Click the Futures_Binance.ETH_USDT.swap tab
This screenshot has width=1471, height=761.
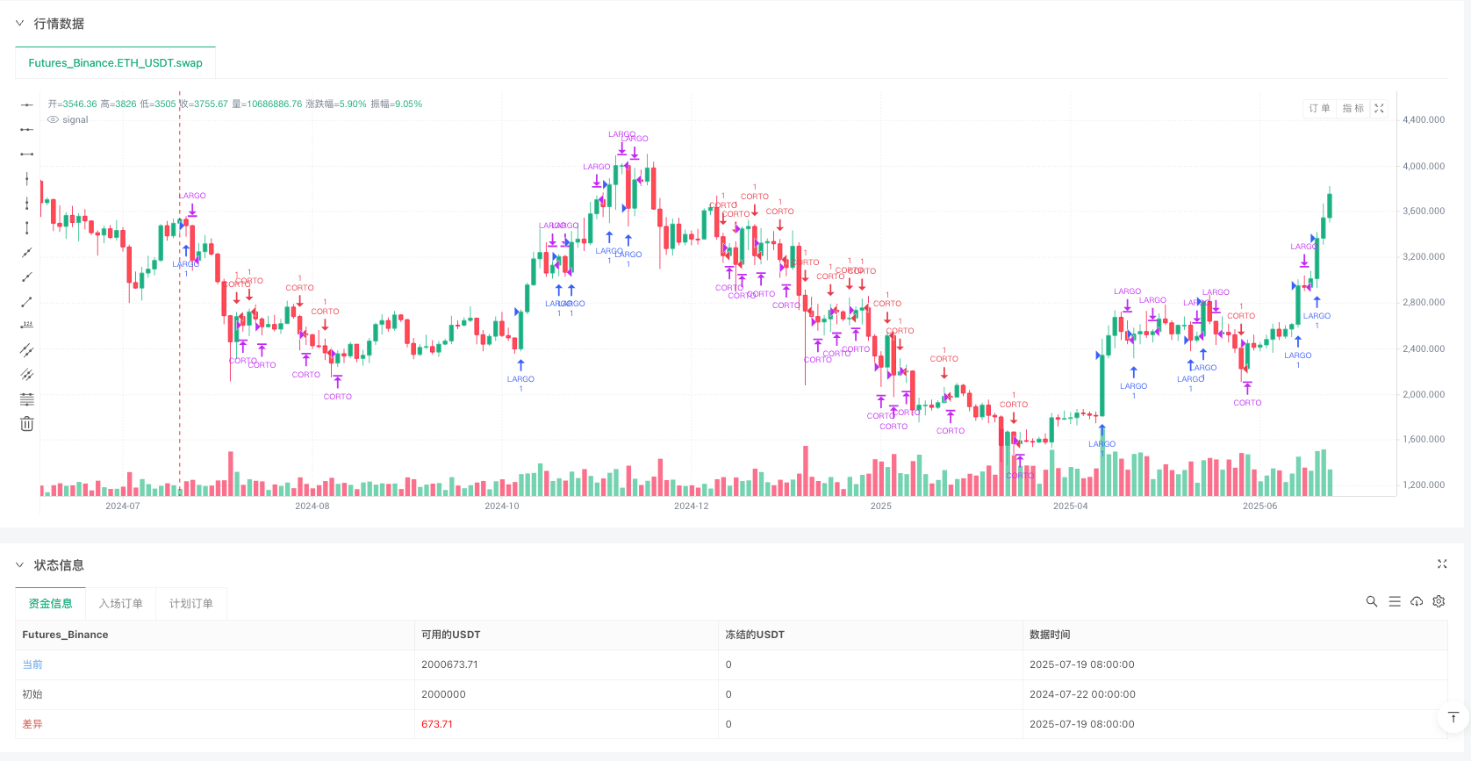115,63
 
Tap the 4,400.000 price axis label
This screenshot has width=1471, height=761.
1423,120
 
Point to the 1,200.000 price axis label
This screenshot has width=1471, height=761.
1423,485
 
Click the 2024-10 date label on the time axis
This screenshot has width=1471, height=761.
501,506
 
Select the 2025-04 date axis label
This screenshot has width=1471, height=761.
1070,506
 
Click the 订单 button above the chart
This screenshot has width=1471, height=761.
1319,109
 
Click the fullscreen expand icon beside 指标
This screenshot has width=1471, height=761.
1379,109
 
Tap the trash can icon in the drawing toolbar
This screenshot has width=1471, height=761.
27,424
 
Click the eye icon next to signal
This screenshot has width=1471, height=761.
53,120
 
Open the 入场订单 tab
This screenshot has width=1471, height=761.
120,604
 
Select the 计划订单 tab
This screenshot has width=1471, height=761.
191,604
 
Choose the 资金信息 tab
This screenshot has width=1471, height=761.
51,604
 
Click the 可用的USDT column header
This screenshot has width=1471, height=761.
450,635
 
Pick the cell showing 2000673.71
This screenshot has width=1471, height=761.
449,664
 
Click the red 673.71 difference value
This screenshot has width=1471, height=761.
436,724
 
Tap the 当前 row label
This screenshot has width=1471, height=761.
32,664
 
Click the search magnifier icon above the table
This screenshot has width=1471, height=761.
1372,601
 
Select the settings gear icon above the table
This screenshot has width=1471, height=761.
1439,601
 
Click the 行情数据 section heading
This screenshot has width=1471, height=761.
59,24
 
